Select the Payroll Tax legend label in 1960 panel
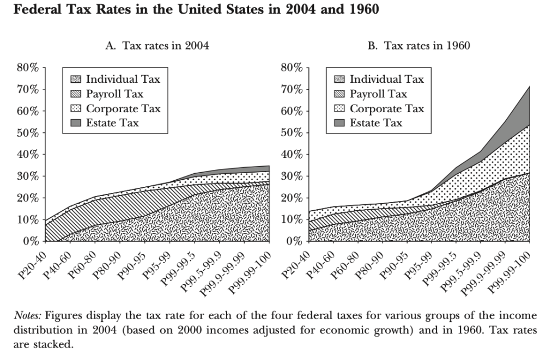(378, 94)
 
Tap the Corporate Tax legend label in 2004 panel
(123, 108)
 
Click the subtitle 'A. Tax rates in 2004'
(157, 46)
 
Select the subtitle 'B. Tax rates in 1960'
(418, 46)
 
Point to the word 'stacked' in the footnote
(56, 345)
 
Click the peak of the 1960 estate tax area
(529, 87)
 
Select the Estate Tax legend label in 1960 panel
(376, 123)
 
